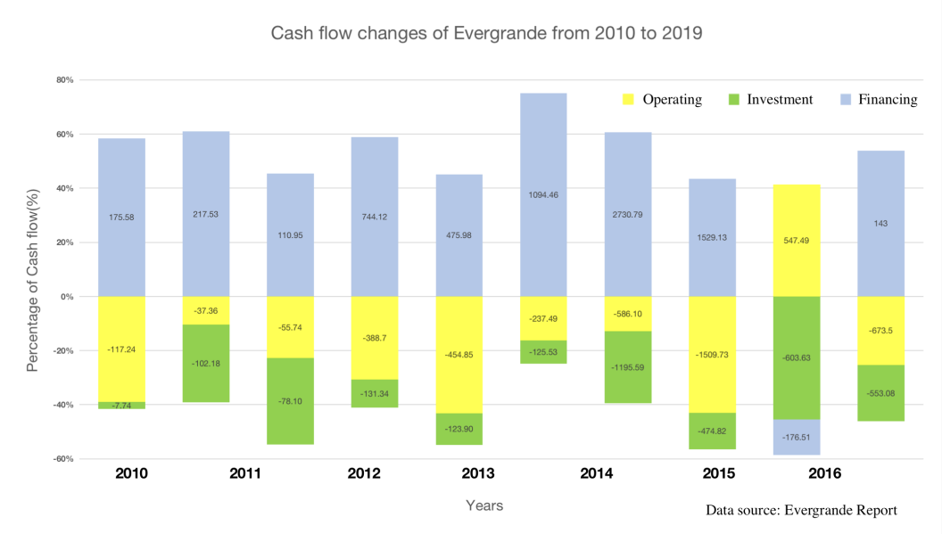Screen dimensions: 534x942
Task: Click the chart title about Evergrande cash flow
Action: pyautogui.click(x=486, y=34)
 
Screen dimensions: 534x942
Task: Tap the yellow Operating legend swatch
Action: pyautogui.click(x=628, y=100)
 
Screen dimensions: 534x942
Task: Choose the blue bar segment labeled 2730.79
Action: pyautogui.click(x=628, y=214)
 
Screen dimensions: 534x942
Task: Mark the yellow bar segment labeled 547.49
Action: pyautogui.click(x=797, y=241)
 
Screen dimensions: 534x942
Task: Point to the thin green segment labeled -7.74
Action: pyautogui.click(x=121, y=406)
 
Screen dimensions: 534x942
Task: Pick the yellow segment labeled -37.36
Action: pyautogui.click(x=206, y=310)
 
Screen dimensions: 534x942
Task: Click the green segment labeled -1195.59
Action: pyautogui.click(x=628, y=366)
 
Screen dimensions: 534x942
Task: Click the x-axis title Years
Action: pyautogui.click(x=484, y=505)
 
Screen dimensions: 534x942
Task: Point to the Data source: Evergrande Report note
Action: pyautogui.click(x=801, y=510)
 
